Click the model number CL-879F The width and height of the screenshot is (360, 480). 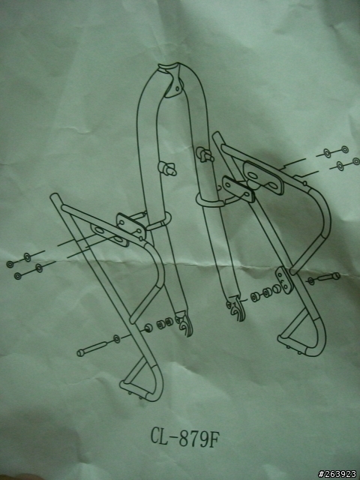185,436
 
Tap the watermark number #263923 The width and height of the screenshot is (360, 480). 337,474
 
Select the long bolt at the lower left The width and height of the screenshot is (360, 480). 91,349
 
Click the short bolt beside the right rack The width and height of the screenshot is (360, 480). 328,277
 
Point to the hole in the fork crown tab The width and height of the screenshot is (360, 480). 177,88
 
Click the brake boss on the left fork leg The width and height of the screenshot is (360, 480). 167,168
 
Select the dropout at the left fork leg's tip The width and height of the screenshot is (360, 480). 185,324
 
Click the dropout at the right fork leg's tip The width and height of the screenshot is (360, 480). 236,307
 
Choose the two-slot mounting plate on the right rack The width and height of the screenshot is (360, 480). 263,178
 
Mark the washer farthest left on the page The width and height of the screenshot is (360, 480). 10,264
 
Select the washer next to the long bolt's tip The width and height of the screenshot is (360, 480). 117,338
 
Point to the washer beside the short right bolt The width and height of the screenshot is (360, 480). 311,281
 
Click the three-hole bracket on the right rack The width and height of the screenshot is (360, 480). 283,280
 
